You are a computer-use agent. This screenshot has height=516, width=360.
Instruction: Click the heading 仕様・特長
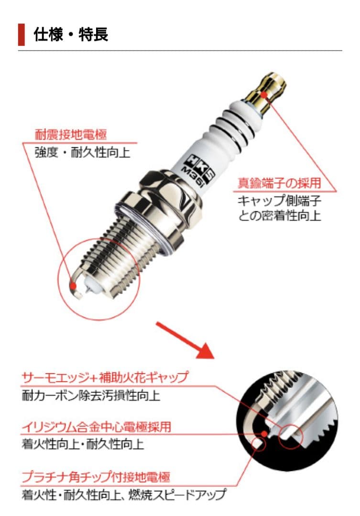71,34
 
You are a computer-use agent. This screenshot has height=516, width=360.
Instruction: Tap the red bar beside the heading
22,34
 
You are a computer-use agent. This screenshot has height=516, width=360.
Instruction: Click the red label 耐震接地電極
71,135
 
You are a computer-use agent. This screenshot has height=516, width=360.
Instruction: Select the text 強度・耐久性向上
82,152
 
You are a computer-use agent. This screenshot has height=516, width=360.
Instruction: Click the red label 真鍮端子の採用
279,183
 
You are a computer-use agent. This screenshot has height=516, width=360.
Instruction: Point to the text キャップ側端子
279,200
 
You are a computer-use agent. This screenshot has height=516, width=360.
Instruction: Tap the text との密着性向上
279,216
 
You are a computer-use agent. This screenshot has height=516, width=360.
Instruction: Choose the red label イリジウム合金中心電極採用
97,427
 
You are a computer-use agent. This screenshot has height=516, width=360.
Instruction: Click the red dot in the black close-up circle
264,433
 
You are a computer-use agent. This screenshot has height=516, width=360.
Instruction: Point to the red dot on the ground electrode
74,285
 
